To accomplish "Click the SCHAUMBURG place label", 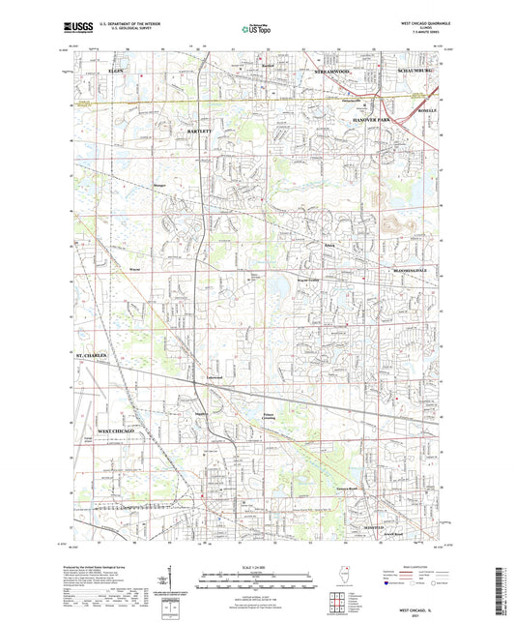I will pos(418,73).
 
